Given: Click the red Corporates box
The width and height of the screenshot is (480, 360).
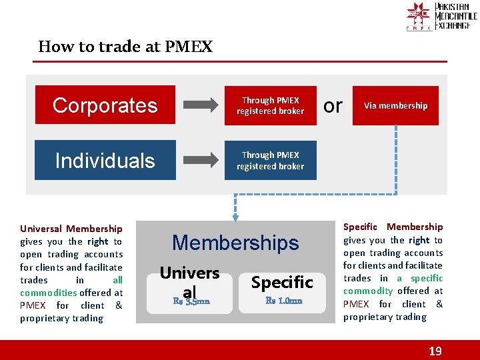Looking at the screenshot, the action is point(105,105).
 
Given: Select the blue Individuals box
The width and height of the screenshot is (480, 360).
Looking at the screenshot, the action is point(105,160).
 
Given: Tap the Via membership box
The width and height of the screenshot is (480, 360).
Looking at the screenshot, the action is point(395,105).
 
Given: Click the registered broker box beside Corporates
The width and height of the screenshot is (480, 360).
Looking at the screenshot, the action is point(270,105).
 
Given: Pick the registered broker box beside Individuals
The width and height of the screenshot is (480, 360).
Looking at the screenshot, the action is point(270,160).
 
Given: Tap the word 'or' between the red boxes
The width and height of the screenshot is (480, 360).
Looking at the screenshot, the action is point(333,105).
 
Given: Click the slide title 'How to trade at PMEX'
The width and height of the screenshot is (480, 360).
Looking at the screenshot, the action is point(125,47).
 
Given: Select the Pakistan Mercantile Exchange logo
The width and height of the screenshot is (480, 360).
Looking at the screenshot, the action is point(440,17).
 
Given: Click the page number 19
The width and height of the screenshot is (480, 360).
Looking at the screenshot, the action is point(435,351).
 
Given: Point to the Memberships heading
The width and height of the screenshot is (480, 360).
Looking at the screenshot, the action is point(235,243).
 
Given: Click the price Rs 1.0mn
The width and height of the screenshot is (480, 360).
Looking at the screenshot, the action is point(284,301).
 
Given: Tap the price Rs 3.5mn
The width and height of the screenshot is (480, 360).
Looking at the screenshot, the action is point(191,301).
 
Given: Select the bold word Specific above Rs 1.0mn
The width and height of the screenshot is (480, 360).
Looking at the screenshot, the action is point(282,282).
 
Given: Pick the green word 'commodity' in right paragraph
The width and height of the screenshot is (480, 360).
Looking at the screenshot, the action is point(368,291).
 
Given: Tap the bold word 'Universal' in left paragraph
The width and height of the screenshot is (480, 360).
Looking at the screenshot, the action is point(41,229).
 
